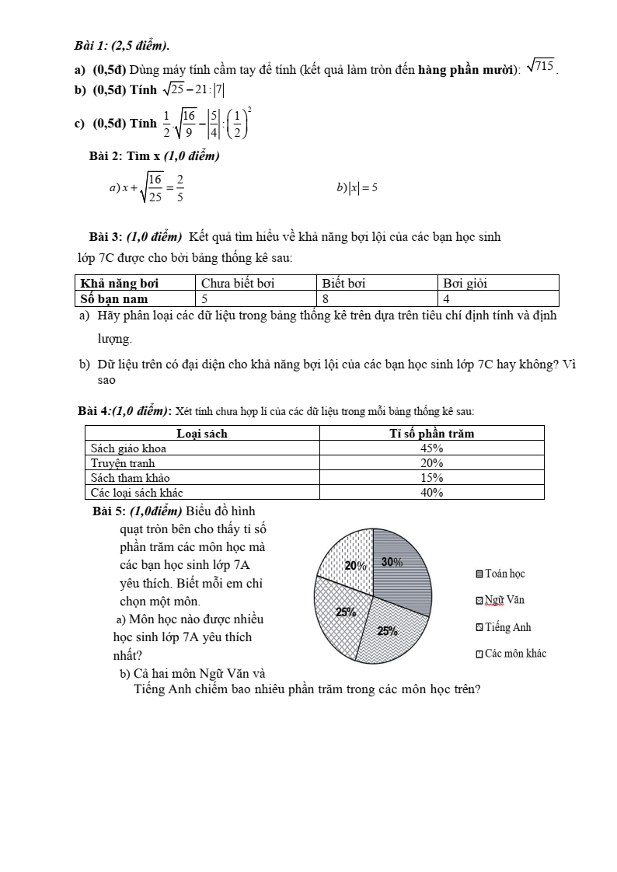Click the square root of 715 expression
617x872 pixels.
coord(541,67)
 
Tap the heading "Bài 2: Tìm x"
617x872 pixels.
coord(155,156)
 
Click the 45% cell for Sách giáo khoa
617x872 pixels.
coord(431,448)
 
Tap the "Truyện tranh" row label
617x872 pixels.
coord(123,463)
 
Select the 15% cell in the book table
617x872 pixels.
coord(431,478)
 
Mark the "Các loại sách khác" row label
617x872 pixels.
coord(137,493)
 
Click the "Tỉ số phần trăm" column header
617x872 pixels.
coord(431,434)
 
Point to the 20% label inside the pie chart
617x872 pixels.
coord(355,566)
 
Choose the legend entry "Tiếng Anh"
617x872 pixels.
coord(503,628)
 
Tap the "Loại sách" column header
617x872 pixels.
coord(202,434)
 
